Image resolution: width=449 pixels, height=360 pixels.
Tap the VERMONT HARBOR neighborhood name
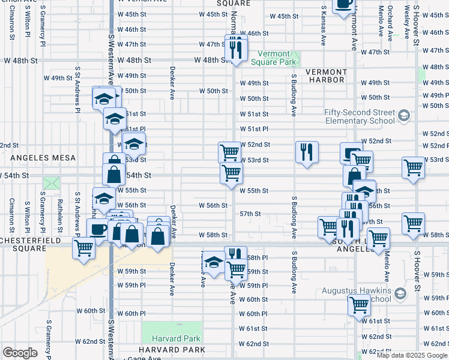[x=325, y=76]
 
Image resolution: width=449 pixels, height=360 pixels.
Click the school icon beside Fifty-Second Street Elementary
[x=404, y=115]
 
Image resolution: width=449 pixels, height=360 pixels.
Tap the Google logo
[x=20, y=353]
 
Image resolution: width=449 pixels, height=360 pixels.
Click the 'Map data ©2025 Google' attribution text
[x=412, y=355]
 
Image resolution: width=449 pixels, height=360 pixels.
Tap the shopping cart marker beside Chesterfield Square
[x=84, y=248]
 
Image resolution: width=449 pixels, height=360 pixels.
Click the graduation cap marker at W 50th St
[x=104, y=98]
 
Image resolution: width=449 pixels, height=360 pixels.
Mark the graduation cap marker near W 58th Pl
[x=214, y=262]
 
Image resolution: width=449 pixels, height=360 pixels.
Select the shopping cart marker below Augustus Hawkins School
[x=359, y=305]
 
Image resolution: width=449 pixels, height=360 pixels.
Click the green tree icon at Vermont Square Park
[x=297, y=59]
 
